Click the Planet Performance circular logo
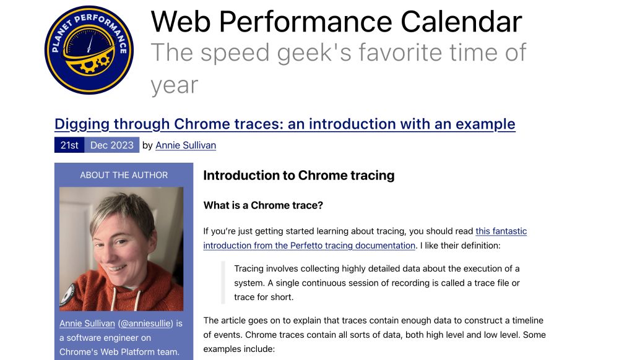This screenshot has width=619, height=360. [x=89, y=50]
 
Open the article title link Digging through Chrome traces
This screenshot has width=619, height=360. [x=285, y=124]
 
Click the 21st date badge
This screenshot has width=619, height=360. [x=69, y=145]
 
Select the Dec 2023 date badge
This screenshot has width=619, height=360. [x=111, y=145]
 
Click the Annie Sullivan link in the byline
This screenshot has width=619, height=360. [x=186, y=145]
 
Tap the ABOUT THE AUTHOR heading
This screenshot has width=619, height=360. [x=124, y=175]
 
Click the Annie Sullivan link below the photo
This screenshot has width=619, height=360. [x=87, y=324]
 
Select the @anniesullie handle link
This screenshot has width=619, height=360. [x=147, y=324]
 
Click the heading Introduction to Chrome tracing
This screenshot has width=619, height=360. [x=299, y=176]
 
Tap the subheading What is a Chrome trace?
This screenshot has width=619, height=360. [x=263, y=205]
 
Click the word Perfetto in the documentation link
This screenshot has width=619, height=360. [x=306, y=245]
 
